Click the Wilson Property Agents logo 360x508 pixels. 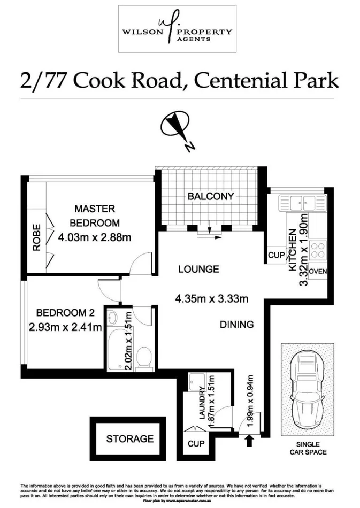[177, 29]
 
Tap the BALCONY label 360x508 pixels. [210, 196]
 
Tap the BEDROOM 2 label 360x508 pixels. [61, 313]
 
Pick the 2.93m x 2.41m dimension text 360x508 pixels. [65, 327]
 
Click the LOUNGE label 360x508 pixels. [198, 270]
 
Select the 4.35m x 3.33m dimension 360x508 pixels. [211, 298]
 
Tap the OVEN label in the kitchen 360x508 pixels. [317, 271]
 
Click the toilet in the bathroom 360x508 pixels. [143, 358]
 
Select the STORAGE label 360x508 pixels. [129, 439]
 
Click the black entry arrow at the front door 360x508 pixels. [248, 441]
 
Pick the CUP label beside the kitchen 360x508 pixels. [276, 256]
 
